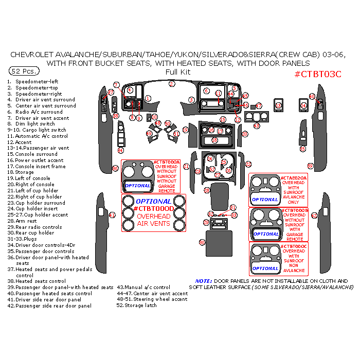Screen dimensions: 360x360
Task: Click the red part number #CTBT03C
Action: pos(317,74)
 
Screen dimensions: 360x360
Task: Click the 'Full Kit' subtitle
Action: pos(177,72)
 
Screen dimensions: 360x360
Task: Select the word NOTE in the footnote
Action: pos(204,281)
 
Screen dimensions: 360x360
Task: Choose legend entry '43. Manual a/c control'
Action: pos(143,287)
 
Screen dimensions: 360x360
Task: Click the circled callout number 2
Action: pos(172,83)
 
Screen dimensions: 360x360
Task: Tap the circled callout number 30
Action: pos(202,242)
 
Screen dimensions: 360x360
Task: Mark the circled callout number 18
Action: pos(214,140)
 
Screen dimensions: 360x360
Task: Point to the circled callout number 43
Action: pos(257,125)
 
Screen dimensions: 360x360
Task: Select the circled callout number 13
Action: pos(278,106)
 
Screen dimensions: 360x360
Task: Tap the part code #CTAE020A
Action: pos(294,178)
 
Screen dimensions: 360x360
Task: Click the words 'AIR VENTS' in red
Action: pos(154,224)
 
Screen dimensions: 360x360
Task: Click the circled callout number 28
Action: pos(207,190)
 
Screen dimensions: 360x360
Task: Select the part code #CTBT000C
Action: pos(294,246)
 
